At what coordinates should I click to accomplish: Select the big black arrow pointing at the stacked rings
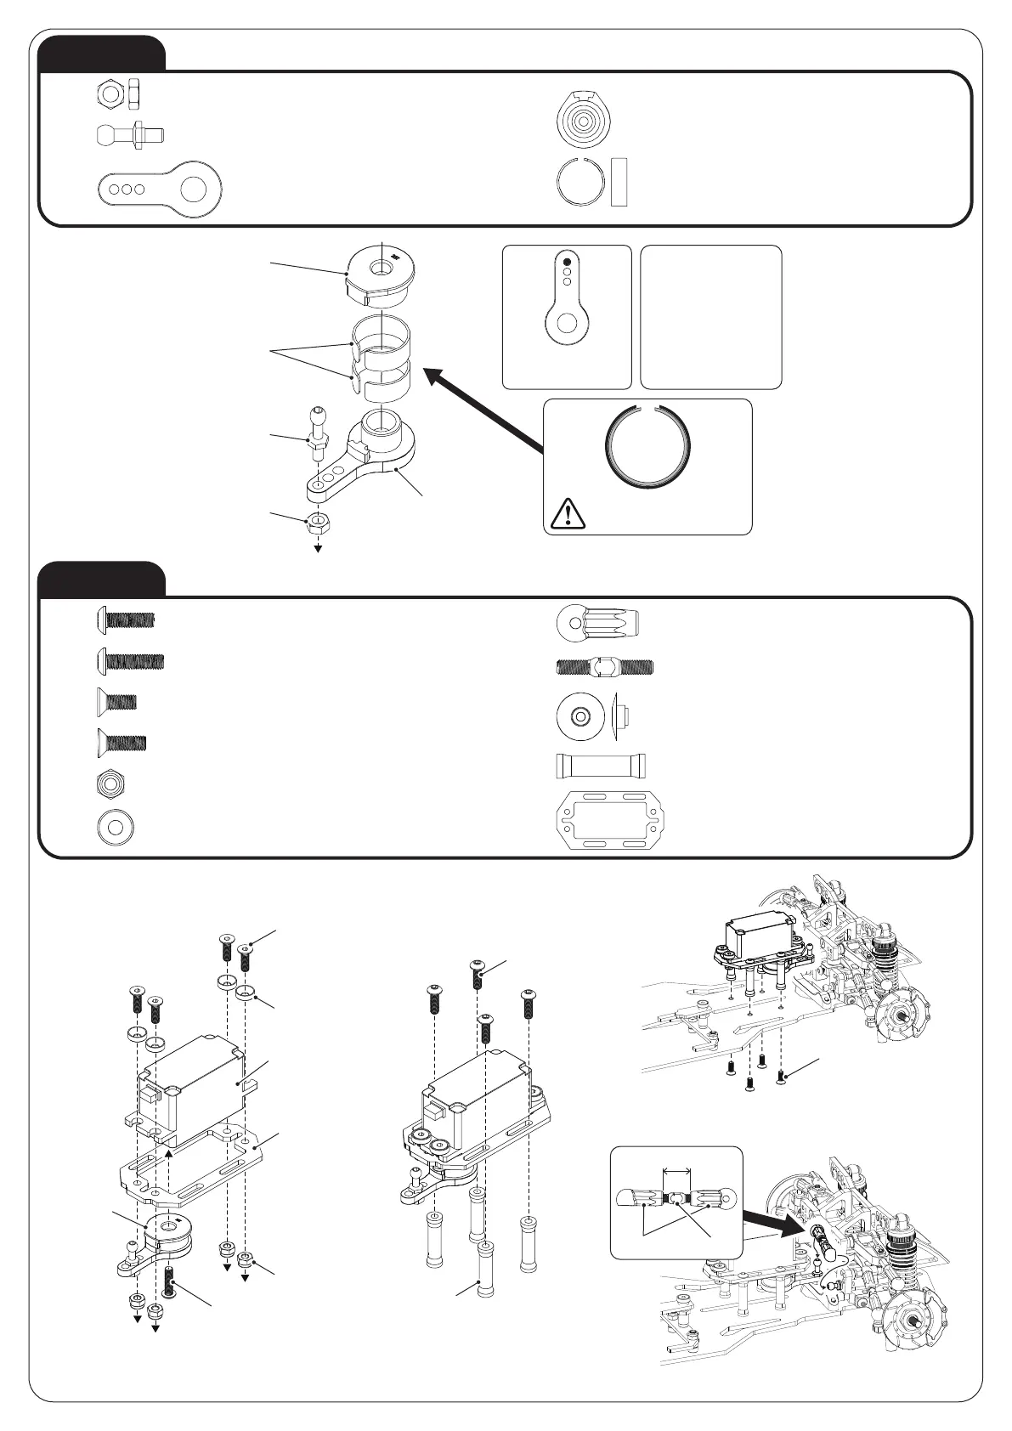pos(484,407)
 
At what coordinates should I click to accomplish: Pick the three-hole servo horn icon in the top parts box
pos(160,188)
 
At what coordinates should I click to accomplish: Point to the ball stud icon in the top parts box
pos(130,134)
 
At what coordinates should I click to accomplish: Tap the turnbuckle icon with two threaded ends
pos(604,668)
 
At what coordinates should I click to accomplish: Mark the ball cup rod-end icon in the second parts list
pos(596,623)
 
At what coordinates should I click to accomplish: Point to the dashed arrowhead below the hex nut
pos(319,548)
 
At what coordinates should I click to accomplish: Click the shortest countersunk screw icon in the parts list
pos(116,702)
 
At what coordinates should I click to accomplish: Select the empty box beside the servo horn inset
pos(710,317)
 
